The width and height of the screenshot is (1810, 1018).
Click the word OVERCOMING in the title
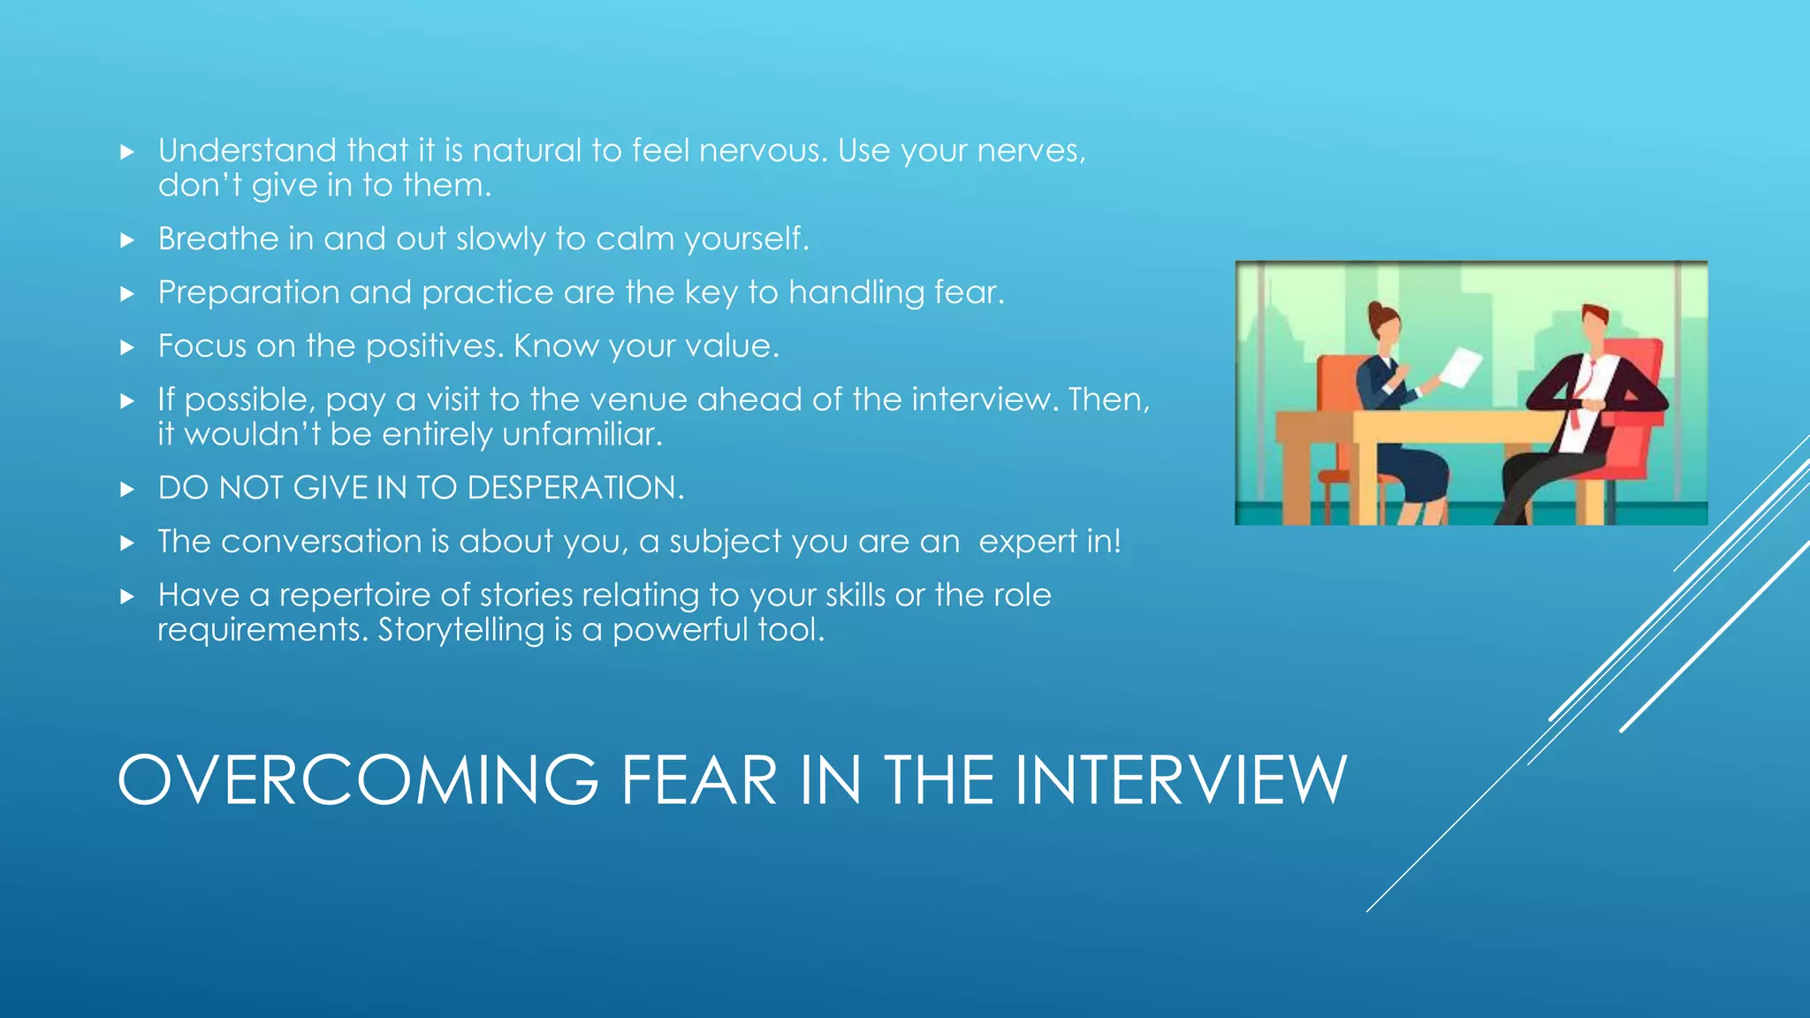(358, 780)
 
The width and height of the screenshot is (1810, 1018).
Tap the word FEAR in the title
(698, 780)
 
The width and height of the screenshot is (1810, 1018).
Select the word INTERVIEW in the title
(1181, 780)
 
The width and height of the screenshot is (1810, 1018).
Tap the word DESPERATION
(575, 488)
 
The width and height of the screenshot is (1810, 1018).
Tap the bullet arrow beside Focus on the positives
(127, 347)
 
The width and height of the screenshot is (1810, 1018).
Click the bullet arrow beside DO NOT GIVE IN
(127, 489)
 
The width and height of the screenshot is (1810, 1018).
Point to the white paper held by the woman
(1463, 366)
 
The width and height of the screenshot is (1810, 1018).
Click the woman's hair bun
(1375, 310)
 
